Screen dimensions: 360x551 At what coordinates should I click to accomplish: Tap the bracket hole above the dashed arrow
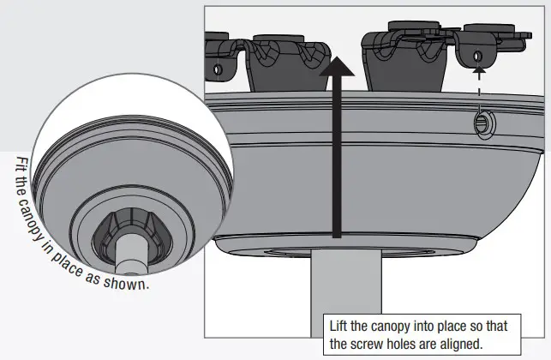(x=476, y=57)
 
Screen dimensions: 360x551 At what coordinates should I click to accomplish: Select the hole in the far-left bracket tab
(x=217, y=67)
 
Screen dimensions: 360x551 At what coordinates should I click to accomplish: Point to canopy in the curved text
(x=45, y=225)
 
